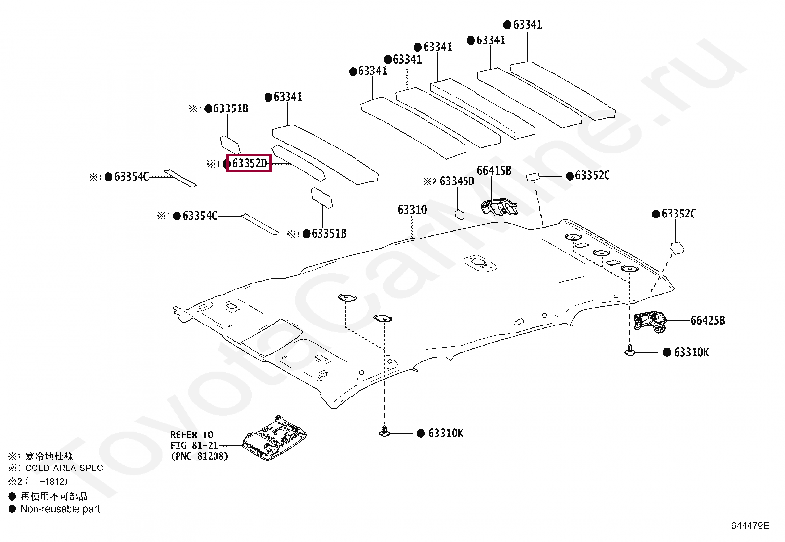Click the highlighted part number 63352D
250,163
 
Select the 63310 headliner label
412,210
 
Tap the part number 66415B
494,170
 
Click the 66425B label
708,321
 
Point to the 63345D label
457,181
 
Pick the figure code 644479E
750,526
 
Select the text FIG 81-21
194,446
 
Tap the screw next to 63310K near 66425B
630,350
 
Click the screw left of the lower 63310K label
385,432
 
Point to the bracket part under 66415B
499,207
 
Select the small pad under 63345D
460,215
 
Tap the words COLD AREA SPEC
64,468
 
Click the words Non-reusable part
60,509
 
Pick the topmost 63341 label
528,25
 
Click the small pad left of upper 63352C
533,177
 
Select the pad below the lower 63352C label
677,248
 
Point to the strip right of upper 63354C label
180,178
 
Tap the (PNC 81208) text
199,456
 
